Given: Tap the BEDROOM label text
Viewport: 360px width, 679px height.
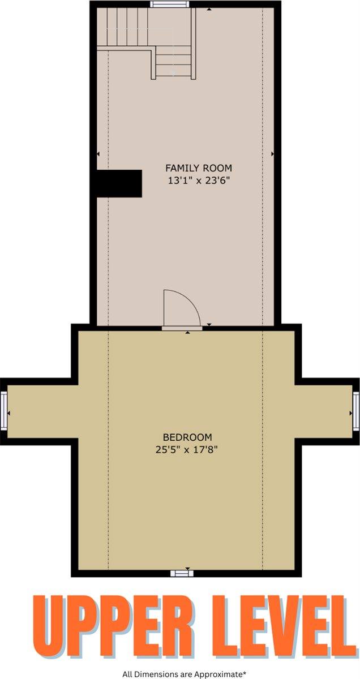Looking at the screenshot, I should [187, 437].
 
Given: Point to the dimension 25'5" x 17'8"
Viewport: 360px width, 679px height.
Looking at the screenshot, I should [187, 450].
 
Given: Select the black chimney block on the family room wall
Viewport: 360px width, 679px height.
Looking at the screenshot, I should [118, 183].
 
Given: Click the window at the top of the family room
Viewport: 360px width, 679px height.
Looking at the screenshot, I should [170, 5].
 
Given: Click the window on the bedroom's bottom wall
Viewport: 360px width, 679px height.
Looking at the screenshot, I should [182, 573].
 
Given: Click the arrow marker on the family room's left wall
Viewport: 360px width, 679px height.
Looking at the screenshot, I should [98, 153].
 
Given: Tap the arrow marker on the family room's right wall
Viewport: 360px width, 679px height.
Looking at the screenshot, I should [273, 153].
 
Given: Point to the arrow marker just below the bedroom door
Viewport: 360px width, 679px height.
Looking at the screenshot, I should [188, 333].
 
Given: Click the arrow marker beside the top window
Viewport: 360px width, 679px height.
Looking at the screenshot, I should [210, 10].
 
